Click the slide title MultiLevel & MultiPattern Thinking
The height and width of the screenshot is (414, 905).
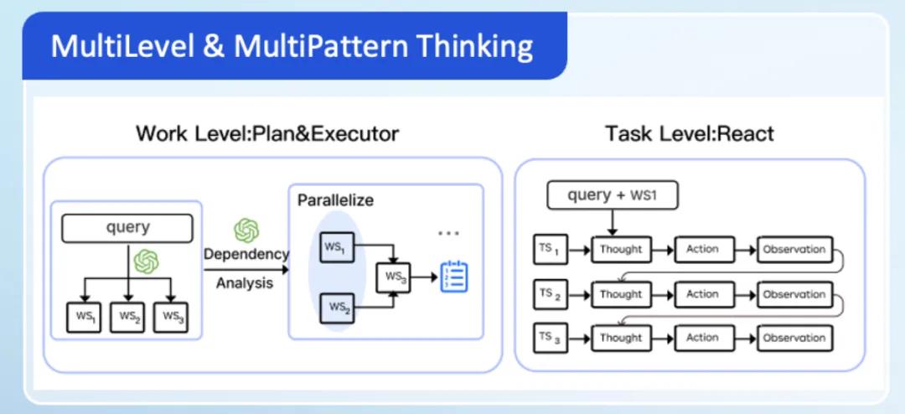[x=292, y=46]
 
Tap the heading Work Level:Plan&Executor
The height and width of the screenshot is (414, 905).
[x=267, y=133]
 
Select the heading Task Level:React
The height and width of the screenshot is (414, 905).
[x=690, y=133]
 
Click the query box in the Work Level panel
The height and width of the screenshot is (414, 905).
[x=127, y=228]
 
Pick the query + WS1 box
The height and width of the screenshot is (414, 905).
[x=612, y=196]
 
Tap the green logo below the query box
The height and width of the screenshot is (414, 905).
[x=147, y=261]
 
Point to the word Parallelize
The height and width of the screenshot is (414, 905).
[x=335, y=201]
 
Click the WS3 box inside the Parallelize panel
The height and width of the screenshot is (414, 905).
[x=394, y=276]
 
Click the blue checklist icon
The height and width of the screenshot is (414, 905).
[x=454, y=277]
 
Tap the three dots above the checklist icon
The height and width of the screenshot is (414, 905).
[x=449, y=232]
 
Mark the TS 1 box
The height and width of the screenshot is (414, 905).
[x=550, y=249]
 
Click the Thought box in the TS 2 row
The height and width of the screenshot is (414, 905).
[x=621, y=294]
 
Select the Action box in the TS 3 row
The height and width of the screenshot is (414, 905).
[x=702, y=338]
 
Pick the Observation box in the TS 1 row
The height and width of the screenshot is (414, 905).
[x=794, y=249]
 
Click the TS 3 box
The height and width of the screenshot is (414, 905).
[x=550, y=338]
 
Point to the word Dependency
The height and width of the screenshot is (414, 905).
[x=246, y=254]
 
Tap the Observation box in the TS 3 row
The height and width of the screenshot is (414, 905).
[x=794, y=338]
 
